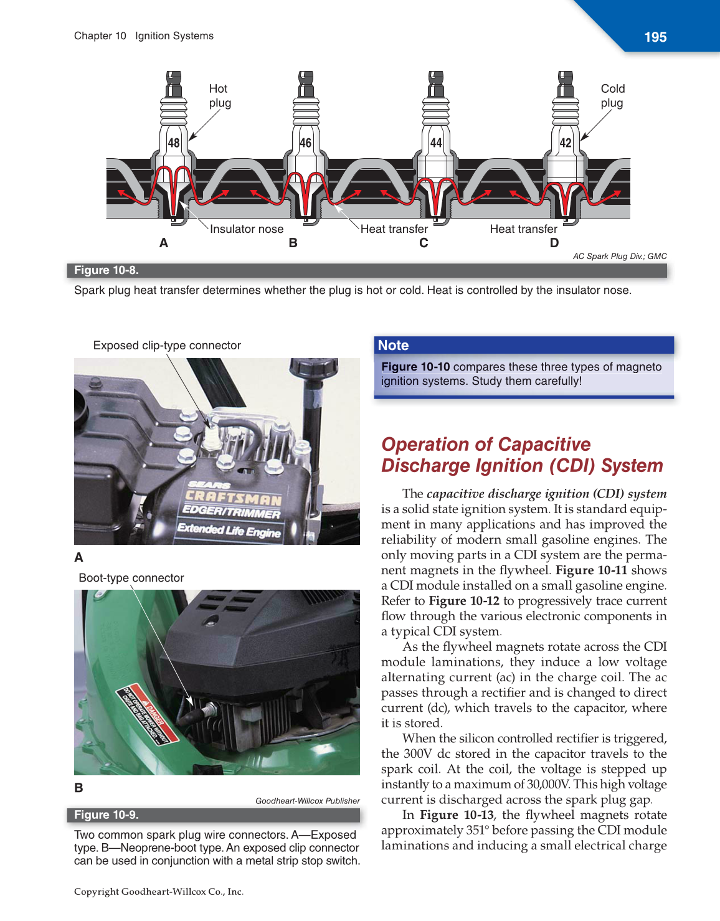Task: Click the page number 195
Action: pyautogui.click(x=655, y=37)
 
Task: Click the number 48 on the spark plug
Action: pyautogui.click(x=174, y=143)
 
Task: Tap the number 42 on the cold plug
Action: pyautogui.click(x=566, y=143)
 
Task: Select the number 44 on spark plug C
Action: pyautogui.click(x=436, y=143)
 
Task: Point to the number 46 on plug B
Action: pyautogui.click(x=305, y=143)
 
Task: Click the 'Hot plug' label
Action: pyautogui.click(x=219, y=96)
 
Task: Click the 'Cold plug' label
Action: pyautogui.click(x=612, y=96)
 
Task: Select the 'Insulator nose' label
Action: pyautogui.click(x=246, y=229)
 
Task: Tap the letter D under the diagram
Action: pyautogui.click(x=554, y=243)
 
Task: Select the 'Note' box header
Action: pyautogui.click(x=394, y=346)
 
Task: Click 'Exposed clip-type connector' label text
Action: pyautogui.click(x=167, y=346)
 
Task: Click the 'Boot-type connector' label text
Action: pyautogui.click(x=131, y=578)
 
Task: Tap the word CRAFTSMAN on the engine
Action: pyautogui.click(x=234, y=498)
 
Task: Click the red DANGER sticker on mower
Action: pyautogui.click(x=148, y=716)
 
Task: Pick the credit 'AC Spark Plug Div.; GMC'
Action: pyautogui.click(x=619, y=256)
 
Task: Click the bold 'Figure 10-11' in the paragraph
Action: pyautogui.click(x=591, y=570)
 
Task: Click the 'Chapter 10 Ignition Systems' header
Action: pyautogui.click(x=144, y=36)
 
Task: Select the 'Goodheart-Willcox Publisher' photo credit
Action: pyautogui.click(x=307, y=801)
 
